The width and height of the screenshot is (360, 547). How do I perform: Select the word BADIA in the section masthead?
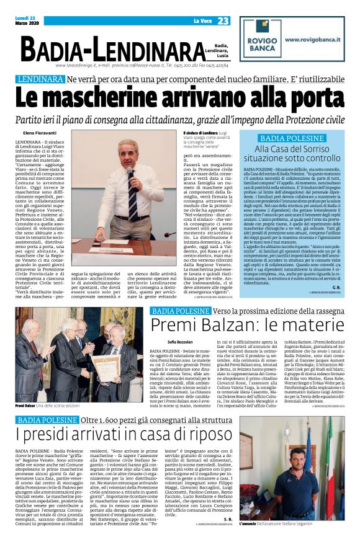click(x=55, y=49)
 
